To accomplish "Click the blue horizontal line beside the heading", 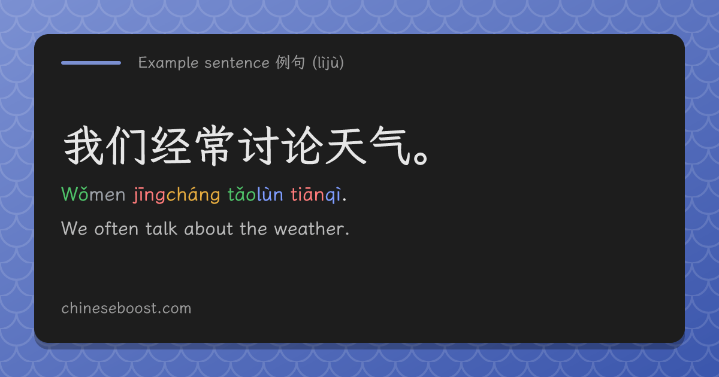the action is click(91, 63).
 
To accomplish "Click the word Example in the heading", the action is click(168, 63).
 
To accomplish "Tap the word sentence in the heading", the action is click(237, 63).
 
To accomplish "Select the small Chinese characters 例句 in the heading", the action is click(290, 62).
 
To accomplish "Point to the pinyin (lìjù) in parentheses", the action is click(328, 62).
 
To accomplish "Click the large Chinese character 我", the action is click(83, 146).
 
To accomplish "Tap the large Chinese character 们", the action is click(126, 146).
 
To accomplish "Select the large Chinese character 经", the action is click(170, 146).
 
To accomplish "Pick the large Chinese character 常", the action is click(214, 146).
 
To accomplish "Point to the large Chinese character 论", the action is click(303, 146).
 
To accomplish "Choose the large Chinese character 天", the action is click(346, 146).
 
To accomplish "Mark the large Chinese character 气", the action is click(390, 146).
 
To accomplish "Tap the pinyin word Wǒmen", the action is click(93, 194).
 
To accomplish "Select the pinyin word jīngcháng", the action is click(177, 195).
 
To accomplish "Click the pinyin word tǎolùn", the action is click(255, 194).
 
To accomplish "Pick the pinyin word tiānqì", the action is click(316, 194).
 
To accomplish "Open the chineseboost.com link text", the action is click(126, 308).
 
